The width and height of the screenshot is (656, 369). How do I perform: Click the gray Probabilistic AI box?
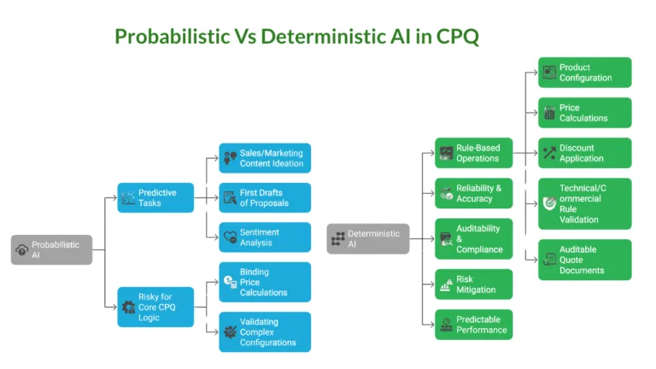pos(51,249)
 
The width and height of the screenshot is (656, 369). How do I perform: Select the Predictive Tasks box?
pos(155,197)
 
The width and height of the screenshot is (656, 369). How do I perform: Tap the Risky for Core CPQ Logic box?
pos(155,307)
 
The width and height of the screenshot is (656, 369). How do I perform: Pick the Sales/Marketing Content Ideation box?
pos(265,158)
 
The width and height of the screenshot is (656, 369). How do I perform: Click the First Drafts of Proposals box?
pos(265,197)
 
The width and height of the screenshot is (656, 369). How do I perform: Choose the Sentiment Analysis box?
pos(265,237)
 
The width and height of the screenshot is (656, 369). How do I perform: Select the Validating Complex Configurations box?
pos(265,331)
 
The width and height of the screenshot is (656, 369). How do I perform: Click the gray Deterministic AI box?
pos(367,238)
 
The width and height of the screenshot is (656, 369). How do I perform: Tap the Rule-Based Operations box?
pos(473,153)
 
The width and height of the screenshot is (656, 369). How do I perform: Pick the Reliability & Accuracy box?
pos(473,193)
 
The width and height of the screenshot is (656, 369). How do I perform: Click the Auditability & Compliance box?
pos(473,238)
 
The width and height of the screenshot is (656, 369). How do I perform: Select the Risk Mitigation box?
pos(473,284)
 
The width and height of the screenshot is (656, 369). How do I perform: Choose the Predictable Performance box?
pos(473,325)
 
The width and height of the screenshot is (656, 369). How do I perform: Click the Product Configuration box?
pos(584,73)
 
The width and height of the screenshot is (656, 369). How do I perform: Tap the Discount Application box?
pos(584,153)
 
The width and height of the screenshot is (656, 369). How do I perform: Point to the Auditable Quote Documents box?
pos(584,260)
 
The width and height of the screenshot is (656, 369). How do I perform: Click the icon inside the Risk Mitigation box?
pos(446,285)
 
